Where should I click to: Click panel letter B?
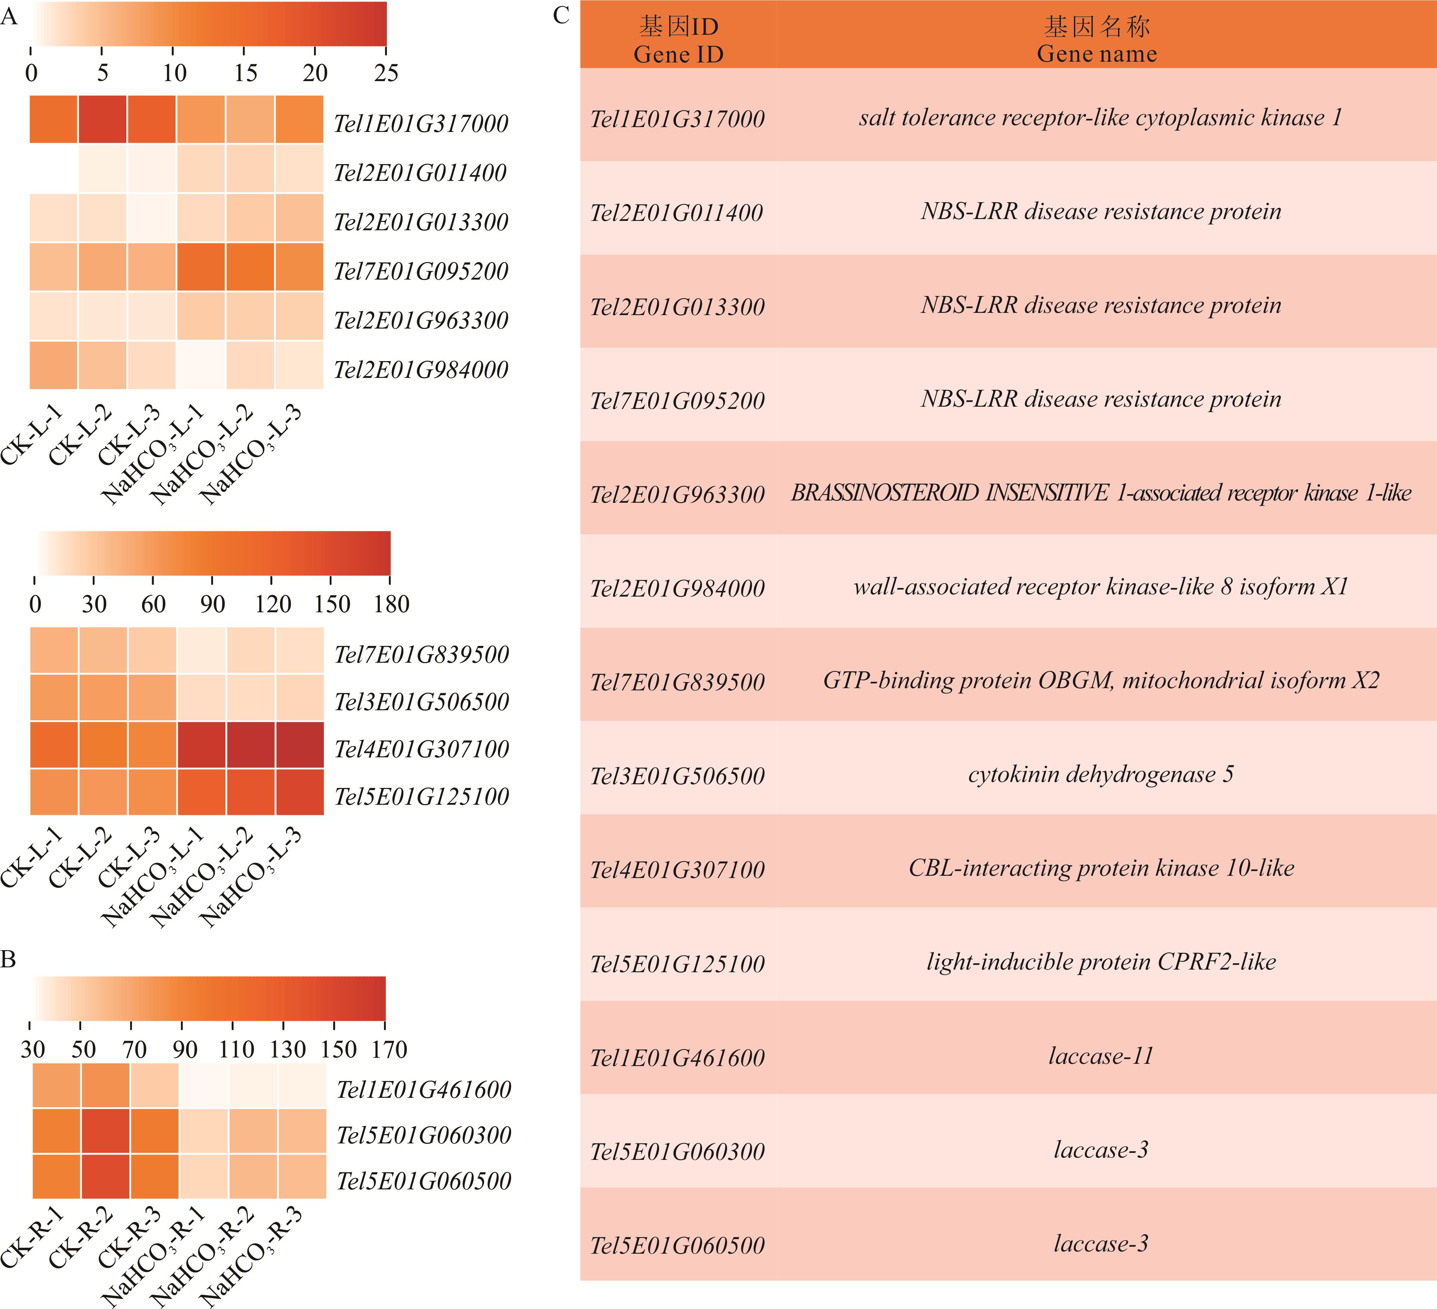(9, 960)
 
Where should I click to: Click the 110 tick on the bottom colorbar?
(236, 1049)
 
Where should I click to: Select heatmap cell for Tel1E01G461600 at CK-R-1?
(57, 1086)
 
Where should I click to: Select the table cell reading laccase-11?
(1101, 1056)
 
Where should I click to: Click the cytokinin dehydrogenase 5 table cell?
(1101, 774)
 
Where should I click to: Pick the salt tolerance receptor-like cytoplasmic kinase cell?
(1101, 118)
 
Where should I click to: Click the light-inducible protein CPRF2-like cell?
(1101, 962)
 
